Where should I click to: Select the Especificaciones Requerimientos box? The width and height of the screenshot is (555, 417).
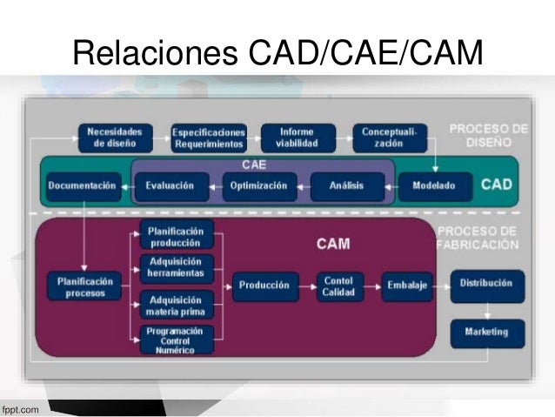click(x=209, y=138)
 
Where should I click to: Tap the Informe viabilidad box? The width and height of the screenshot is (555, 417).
click(x=297, y=138)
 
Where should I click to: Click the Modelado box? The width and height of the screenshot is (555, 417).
click(x=433, y=185)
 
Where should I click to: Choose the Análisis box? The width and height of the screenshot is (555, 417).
click(x=346, y=185)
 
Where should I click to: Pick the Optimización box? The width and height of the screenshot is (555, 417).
click(x=259, y=185)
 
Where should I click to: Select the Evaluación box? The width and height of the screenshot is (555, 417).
click(x=171, y=185)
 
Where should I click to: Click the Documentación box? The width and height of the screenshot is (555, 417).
click(x=82, y=185)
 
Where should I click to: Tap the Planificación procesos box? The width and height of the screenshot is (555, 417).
click(x=85, y=286)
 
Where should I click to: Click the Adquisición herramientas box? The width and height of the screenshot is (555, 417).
click(x=176, y=267)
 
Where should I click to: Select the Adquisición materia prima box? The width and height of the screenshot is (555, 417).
click(x=176, y=306)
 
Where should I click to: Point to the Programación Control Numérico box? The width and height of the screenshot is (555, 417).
click(x=176, y=339)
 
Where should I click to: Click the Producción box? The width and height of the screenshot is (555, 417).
click(x=264, y=286)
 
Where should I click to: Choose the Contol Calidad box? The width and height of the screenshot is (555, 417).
click(x=338, y=286)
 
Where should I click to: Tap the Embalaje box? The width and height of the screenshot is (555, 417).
click(x=407, y=286)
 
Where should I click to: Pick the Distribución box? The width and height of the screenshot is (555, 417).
click(x=486, y=285)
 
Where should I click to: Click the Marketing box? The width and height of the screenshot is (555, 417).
click(x=486, y=332)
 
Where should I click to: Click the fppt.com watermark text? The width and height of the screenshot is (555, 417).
click(x=19, y=407)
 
